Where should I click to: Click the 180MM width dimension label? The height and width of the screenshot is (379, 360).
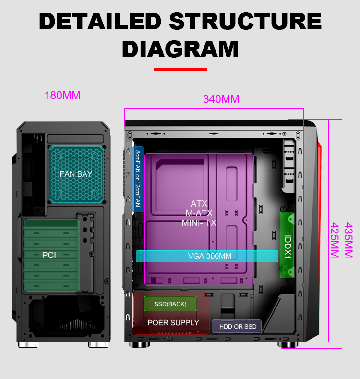pyautogui.click(x=62, y=95)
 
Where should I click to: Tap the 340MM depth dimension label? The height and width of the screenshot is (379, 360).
pyautogui.click(x=221, y=99)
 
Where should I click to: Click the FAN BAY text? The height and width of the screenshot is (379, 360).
pyautogui.click(x=76, y=174)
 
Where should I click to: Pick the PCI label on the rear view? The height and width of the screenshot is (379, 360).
pyautogui.click(x=49, y=255)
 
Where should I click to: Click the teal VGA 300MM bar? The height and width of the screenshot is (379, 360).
pyautogui.click(x=207, y=256)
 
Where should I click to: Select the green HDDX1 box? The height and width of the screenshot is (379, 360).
pyautogui.click(x=287, y=245)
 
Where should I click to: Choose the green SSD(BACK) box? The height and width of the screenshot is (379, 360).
pyautogui.click(x=170, y=304)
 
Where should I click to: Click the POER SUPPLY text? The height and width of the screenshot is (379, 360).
pyautogui.click(x=173, y=323)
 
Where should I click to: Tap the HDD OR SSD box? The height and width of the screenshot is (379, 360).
pyautogui.click(x=237, y=327)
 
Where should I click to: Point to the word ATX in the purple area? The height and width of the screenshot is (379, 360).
pyautogui.click(x=199, y=204)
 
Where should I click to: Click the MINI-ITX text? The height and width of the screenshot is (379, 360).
pyautogui.click(x=199, y=223)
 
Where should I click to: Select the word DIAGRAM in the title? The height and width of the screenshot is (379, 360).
pyautogui.click(x=180, y=49)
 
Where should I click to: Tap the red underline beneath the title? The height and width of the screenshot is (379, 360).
pyautogui.click(x=180, y=69)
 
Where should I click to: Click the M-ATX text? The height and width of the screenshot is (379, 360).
pyautogui.click(x=199, y=213)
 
